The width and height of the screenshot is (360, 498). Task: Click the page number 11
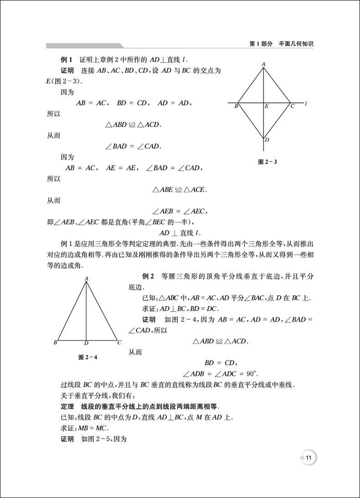click(309, 458)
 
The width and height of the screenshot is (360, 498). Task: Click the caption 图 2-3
click(268, 162)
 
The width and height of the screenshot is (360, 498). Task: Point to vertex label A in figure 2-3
click(263, 64)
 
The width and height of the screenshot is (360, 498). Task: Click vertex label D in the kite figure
click(267, 140)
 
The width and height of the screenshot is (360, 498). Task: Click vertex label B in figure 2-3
click(236, 107)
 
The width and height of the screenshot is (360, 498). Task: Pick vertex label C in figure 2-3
click(292, 107)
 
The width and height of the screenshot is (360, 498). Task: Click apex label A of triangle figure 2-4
click(86, 278)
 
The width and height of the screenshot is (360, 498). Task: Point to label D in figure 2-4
click(86, 344)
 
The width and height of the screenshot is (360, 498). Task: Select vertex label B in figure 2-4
click(55, 343)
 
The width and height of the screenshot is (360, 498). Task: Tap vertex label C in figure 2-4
click(119, 343)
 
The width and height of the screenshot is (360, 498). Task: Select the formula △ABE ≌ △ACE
click(180, 189)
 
